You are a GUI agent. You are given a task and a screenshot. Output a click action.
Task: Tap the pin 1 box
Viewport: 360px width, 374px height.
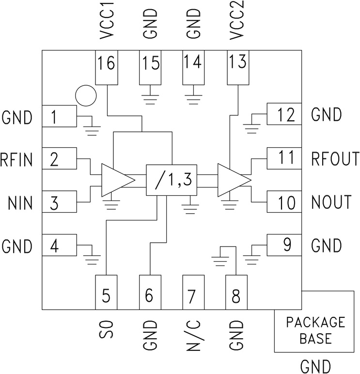(x=59, y=117)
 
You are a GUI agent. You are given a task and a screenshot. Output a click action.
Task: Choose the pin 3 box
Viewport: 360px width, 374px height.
(x=59, y=203)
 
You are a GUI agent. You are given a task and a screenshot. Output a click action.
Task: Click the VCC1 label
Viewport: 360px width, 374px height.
(x=106, y=24)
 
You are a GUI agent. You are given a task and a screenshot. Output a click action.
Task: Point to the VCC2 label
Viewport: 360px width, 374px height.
(x=237, y=24)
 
